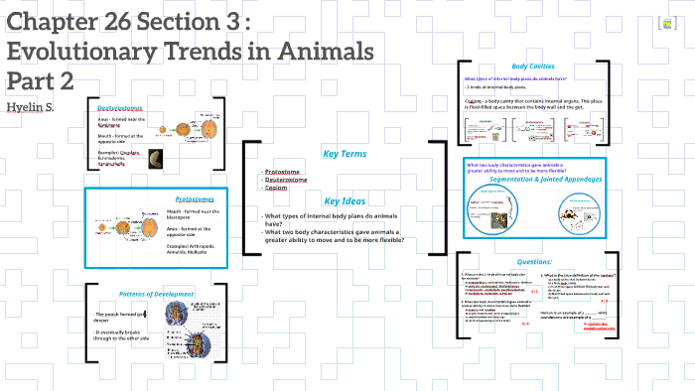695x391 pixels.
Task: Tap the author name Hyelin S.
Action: coord(31,106)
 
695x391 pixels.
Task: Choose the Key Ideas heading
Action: coord(345,199)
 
